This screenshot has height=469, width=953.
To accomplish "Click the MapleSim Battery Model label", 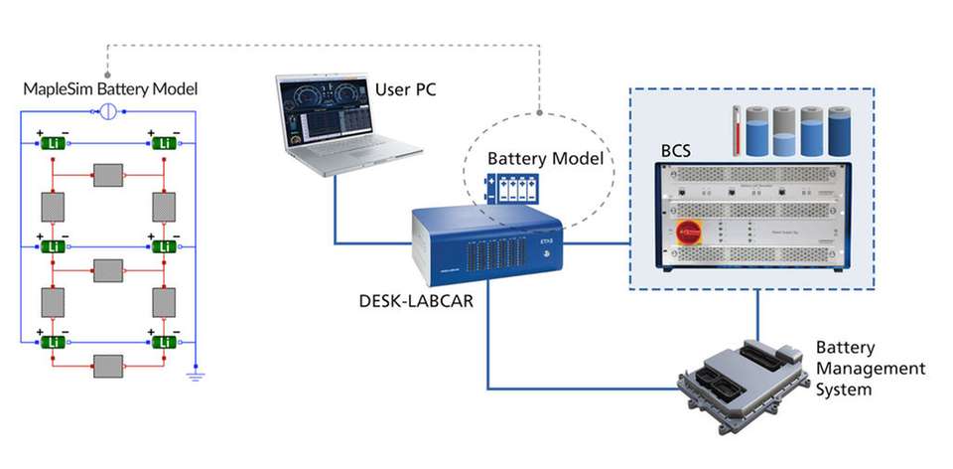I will pyautogui.click(x=111, y=89).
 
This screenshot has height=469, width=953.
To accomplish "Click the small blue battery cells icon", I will pyautogui.click(x=507, y=188).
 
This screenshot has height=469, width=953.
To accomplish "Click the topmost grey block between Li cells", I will pyautogui.click(x=107, y=174).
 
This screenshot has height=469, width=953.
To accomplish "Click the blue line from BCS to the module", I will pyautogui.click(x=758, y=318).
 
